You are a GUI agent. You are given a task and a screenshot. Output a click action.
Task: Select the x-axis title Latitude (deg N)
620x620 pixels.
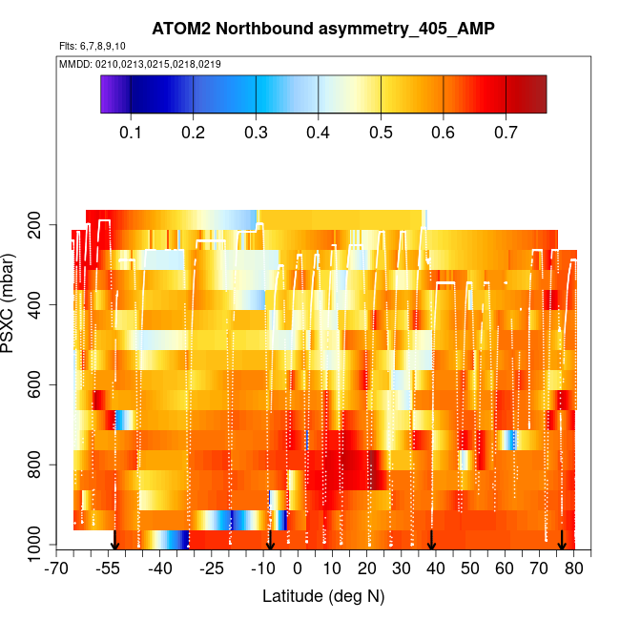(322, 596)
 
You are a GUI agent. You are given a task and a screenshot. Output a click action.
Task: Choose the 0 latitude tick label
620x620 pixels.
(298, 570)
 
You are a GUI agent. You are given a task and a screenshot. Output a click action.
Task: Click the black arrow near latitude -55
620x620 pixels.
(114, 540)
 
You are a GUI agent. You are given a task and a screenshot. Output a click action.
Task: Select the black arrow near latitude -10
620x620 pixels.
(270, 540)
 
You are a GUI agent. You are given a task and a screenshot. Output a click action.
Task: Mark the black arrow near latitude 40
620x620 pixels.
(431, 540)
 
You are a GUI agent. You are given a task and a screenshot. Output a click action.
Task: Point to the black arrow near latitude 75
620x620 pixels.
(562, 540)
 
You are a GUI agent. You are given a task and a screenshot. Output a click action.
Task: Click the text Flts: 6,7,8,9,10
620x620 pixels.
(91, 46)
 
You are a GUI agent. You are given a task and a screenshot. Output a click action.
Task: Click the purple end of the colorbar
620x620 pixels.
(108, 94)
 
